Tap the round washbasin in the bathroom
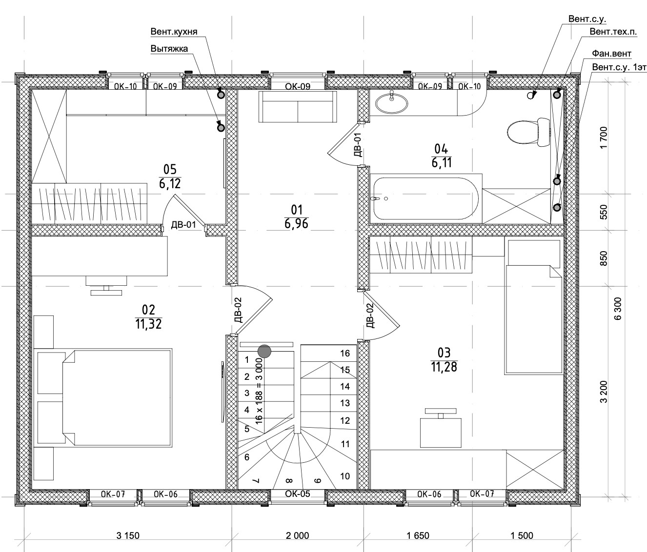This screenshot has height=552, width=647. [391, 102]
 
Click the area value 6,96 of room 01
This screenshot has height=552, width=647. [297, 224]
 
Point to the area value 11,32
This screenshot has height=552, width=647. [148, 323]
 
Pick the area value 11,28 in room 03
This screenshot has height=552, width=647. [444, 367]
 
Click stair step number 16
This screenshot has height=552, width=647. [345, 353]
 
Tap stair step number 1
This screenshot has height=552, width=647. [247, 360]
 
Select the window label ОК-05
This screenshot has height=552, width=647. [297, 493]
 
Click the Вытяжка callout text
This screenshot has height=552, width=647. [169, 48]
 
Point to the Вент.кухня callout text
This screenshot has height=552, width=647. [174, 32]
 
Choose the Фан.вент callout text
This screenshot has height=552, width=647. [611, 53]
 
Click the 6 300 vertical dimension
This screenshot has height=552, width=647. [618, 309]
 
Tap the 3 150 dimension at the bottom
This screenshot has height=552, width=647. [128, 535]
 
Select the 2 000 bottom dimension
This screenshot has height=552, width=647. [297, 535]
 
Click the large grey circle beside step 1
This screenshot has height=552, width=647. [264, 350]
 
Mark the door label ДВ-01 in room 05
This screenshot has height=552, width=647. [183, 225]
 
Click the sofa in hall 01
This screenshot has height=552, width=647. [298, 106]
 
